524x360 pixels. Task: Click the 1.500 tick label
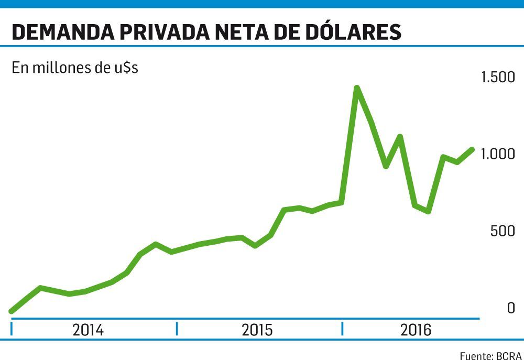[x=498, y=78]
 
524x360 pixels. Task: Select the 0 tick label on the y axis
[x=511, y=308]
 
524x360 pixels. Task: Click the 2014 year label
[x=88, y=330]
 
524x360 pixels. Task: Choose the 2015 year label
[x=257, y=330]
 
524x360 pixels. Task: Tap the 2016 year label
[x=416, y=330]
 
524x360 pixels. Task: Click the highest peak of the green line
[x=356, y=88]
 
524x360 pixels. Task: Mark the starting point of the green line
[x=12, y=311]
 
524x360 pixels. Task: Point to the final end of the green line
[x=473, y=149]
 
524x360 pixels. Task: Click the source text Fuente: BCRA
[x=490, y=355]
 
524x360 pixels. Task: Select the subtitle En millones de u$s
[x=75, y=68]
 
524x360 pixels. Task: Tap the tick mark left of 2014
[x=12, y=329]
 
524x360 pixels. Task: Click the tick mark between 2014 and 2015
[x=177, y=329]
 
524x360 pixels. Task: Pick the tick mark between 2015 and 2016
[x=342, y=329]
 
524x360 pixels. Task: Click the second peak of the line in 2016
[x=400, y=137]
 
